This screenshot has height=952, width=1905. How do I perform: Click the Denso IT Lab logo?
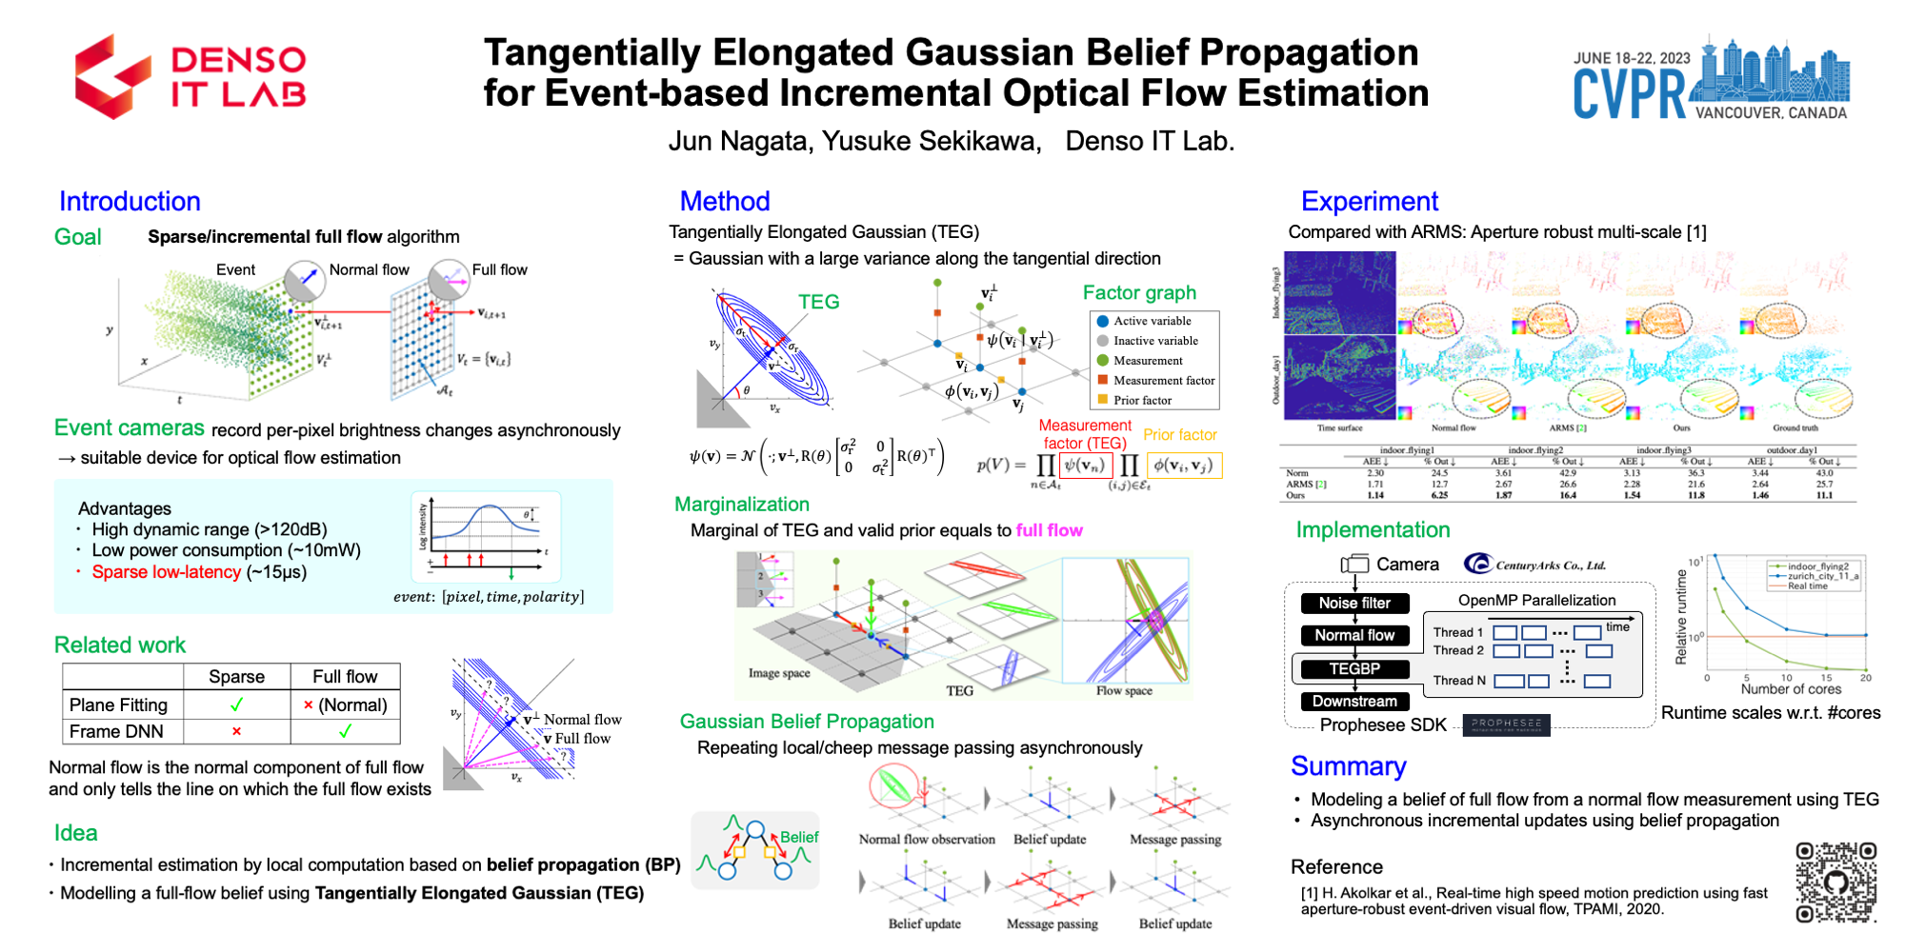[x=190, y=76]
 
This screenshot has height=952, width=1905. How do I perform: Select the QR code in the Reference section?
[x=1835, y=883]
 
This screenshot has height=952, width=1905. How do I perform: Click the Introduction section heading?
[x=130, y=202]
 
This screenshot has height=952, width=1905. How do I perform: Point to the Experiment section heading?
[x=1369, y=202]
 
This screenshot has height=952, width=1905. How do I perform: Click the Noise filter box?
[x=1354, y=603]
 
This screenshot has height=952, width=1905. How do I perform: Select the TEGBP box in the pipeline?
[x=1354, y=669]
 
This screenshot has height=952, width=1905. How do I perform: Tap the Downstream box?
[x=1354, y=702]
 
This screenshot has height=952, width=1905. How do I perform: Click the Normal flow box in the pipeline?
[x=1354, y=635]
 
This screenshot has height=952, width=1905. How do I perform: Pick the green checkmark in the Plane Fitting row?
[x=236, y=705]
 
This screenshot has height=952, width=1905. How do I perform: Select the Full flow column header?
[x=345, y=677]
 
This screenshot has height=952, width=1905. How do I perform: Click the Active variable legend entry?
[x=1152, y=322]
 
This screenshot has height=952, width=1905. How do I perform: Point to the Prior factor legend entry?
[x=1142, y=401]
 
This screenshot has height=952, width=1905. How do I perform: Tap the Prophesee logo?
[x=1506, y=724]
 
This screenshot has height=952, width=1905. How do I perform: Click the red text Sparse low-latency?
[x=166, y=572]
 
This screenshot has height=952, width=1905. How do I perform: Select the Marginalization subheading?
[x=742, y=505]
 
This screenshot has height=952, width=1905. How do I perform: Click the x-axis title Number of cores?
[x=1791, y=689]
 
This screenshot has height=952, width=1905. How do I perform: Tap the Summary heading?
[x=1348, y=766]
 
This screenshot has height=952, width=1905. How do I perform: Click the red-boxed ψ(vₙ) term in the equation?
[x=1085, y=466]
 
